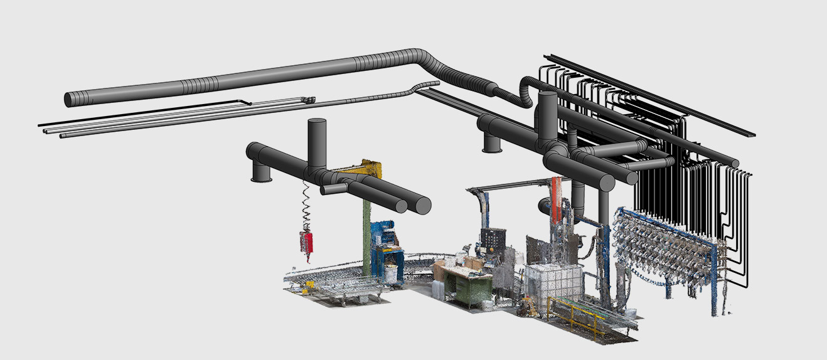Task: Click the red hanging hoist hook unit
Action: [306, 242]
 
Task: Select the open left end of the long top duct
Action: [71, 99]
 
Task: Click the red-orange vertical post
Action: [556, 199]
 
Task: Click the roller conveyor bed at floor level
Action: [339, 289]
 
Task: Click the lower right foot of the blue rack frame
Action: [714, 311]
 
